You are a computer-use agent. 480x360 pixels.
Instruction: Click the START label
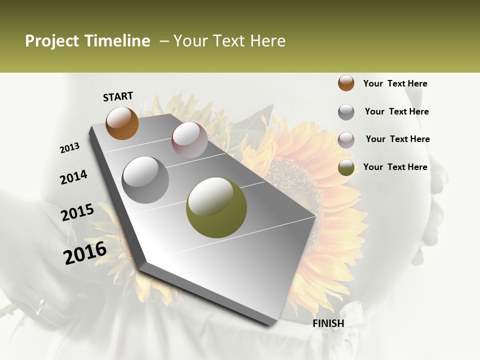(x=118, y=96)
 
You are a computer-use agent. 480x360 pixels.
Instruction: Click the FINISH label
(x=328, y=323)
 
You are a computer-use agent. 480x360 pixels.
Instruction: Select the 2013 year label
(x=70, y=147)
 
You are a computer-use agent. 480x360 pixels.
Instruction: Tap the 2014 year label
(x=73, y=177)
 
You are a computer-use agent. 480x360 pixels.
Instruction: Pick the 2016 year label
(x=85, y=253)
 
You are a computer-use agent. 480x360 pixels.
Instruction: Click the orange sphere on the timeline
(x=122, y=123)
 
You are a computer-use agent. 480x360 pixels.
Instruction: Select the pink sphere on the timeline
(x=189, y=140)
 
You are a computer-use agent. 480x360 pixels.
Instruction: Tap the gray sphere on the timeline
(x=145, y=179)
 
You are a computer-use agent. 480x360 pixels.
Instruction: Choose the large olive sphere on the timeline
(x=216, y=207)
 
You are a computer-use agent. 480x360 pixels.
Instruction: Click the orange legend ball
(x=346, y=83)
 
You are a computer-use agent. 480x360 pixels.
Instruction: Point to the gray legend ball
(x=346, y=112)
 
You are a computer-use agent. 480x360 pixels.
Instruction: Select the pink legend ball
(x=346, y=140)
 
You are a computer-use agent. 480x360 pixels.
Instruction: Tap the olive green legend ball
(x=346, y=167)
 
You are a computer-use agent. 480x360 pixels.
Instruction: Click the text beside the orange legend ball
(x=395, y=83)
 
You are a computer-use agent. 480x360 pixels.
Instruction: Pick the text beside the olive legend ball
(x=395, y=167)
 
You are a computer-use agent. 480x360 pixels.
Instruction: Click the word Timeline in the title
(x=117, y=41)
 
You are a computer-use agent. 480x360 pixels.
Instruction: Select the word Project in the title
(x=52, y=41)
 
